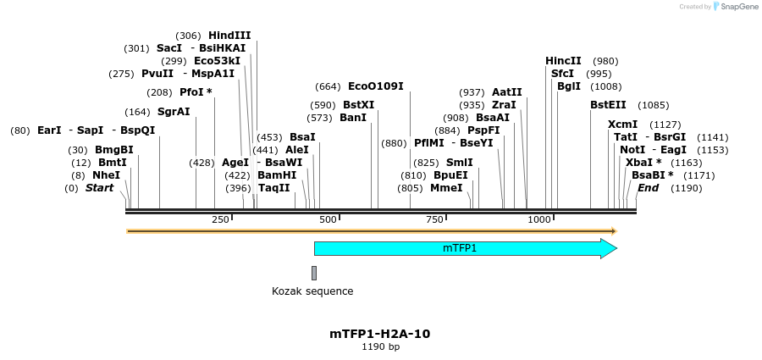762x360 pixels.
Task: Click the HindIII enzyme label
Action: coord(229,36)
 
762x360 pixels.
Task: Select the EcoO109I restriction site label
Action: coord(376,86)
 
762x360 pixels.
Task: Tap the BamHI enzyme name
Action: coord(277,174)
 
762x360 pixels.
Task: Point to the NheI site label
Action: coord(107,174)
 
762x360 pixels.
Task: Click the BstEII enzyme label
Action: coord(608,105)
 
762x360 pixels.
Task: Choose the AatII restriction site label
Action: coord(507,92)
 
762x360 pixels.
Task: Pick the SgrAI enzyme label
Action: coord(174,112)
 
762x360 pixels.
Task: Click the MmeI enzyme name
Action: coord(446,187)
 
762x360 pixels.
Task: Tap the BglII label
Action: coord(569,86)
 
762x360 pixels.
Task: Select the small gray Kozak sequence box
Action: coord(314,273)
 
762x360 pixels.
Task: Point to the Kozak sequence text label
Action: coord(312,291)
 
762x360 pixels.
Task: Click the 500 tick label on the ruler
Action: coord(326,220)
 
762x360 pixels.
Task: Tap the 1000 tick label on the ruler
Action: coord(539,220)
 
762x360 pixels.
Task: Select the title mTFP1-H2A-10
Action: coord(380,334)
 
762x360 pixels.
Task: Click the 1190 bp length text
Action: coord(380,346)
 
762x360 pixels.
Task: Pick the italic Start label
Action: coord(99,187)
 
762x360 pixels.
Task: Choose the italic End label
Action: coord(648,187)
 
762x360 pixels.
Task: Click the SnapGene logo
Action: coord(734,7)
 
